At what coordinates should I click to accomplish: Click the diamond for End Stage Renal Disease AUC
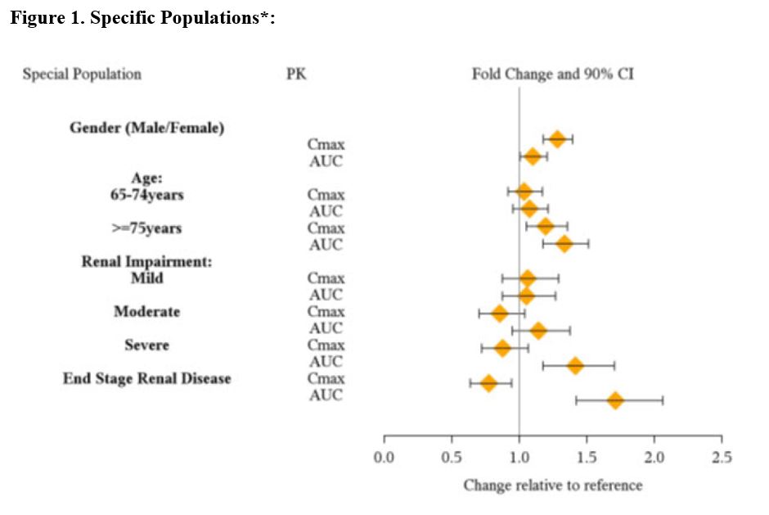(x=615, y=400)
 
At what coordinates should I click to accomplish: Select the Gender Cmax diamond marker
(x=557, y=139)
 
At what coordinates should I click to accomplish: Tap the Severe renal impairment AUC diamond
(x=575, y=365)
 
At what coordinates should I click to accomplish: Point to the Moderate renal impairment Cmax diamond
(x=499, y=313)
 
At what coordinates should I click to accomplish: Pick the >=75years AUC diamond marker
(x=564, y=243)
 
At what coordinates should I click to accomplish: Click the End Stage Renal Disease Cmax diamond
(x=488, y=382)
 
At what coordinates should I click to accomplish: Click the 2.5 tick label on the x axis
(x=721, y=456)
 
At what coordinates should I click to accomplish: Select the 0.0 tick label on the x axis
(x=384, y=456)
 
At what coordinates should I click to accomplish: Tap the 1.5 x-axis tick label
(x=586, y=456)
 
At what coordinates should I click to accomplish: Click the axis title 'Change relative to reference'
(x=552, y=486)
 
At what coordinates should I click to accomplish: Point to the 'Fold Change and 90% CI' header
(x=552, y=75)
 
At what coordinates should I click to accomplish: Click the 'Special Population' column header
(x=82, y=75)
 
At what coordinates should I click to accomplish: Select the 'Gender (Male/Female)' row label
(x=146, y=128)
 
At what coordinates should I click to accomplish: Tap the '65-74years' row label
(x=147, y=195)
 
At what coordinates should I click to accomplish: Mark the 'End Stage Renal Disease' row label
(x=147, y=378)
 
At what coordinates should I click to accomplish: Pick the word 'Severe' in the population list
(x=147, y=345)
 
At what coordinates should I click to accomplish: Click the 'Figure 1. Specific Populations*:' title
(x=142, y=19)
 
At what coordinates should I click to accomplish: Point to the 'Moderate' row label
(x=147, y=311)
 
